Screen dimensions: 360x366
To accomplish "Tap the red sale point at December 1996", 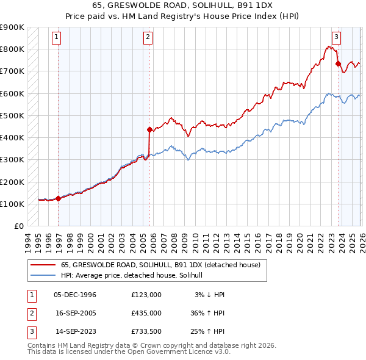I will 58,198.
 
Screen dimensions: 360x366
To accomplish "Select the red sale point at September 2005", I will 149,129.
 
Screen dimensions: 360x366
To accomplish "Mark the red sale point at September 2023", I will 338,63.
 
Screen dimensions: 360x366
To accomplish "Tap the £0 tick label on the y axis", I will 20,226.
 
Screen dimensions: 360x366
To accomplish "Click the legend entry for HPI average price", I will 135,275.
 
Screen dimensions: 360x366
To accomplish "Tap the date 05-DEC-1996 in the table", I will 75,294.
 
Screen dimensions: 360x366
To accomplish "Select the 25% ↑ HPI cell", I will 207,332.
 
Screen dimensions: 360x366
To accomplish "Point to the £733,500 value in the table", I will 146,332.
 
